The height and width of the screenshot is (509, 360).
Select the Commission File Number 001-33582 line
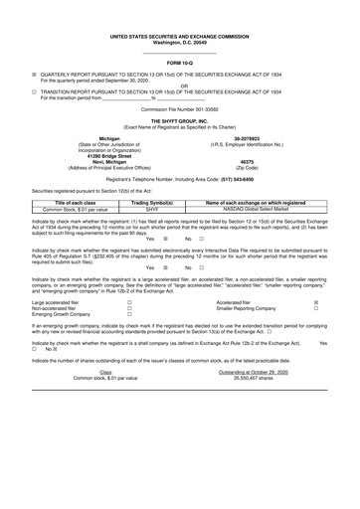tap(179, 106)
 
